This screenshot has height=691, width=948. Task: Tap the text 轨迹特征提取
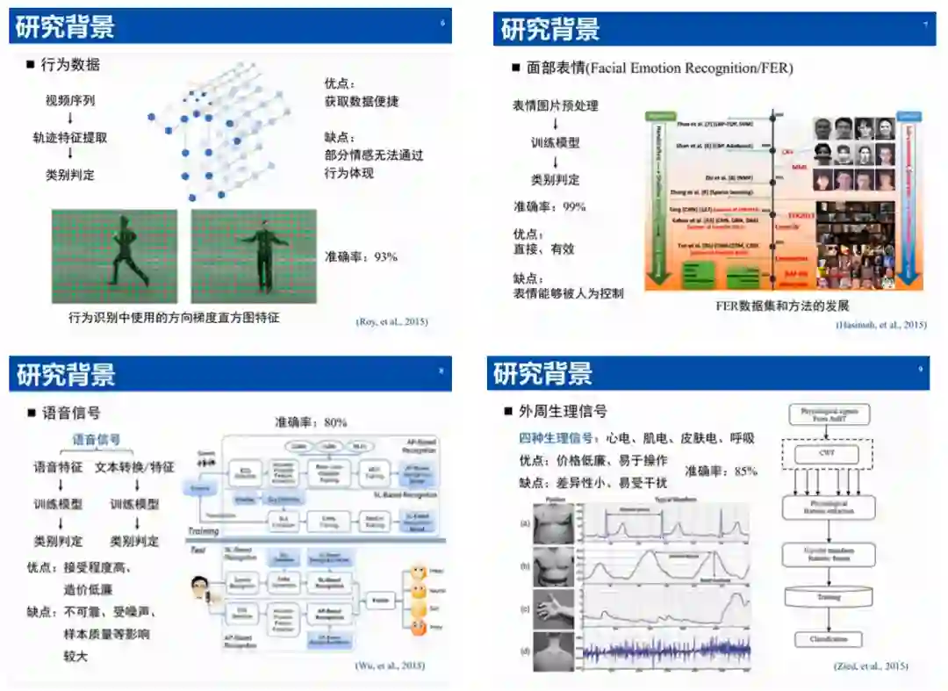pyautogui.click(x=70, y=138)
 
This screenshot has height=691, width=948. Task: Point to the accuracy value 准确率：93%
pyautogui.click(x=361, y=256)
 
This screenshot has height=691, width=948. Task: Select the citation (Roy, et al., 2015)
pyautogui.click(x=391, y=321)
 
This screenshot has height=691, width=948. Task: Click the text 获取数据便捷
pyautogui.click(x=362, y=101)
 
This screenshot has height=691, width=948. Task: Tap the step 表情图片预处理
pyautogui.click(x=555, y=105)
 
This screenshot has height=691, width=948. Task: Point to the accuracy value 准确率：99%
pyautogui.click(x=549, y=206)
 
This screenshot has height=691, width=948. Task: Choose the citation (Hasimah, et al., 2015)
pyautogui.click(x=880, y=325)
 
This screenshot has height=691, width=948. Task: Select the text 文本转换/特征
pyautogui.click(x=134, y=467)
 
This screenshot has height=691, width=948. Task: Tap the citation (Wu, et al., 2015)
pyautogui.click(x=390, y=665)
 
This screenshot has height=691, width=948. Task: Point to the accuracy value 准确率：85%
pyautogui.click(x=721, y=471)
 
